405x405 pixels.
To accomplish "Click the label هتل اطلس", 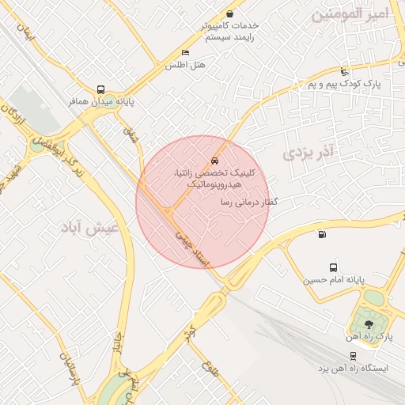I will [184, 65].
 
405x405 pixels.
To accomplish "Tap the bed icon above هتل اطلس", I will [185, 53].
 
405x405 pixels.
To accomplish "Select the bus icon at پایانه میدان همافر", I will [100, 89].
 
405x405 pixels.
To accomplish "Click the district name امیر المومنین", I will [361, 14].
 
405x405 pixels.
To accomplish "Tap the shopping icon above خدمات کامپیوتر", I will [230, 13].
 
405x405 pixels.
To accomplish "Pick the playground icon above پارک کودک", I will [343, 72].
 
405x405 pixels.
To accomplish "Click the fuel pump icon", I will [321, 233].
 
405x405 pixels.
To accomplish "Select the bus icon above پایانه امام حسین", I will [333, 268].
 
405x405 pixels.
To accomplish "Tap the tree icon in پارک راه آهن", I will [366, 324].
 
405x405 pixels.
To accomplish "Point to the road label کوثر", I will [187, 327].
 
